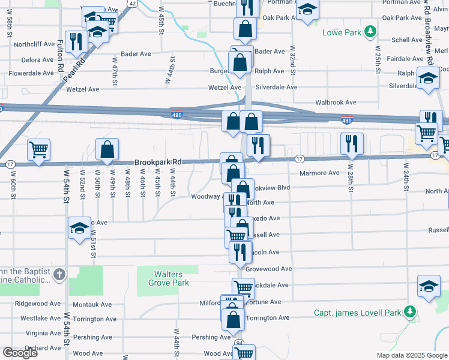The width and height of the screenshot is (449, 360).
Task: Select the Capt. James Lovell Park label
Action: click(x=358, y=313)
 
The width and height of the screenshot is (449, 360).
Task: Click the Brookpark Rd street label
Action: click(x=158, y=162)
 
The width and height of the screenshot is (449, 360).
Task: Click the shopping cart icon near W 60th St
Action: click(x=39, y=149)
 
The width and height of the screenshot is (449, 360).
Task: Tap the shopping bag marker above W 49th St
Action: click(x=107, y=149)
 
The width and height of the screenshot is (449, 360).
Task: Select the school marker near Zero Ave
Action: click(x=79, y=228)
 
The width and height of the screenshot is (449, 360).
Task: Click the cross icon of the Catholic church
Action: click(x=59, y=275)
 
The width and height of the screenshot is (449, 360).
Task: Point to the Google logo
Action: click(x=20, y=353)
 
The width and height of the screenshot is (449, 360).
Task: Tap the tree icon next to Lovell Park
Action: click(x=410, y=312)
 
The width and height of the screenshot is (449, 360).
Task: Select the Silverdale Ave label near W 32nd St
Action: click(x=276, y=87)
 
